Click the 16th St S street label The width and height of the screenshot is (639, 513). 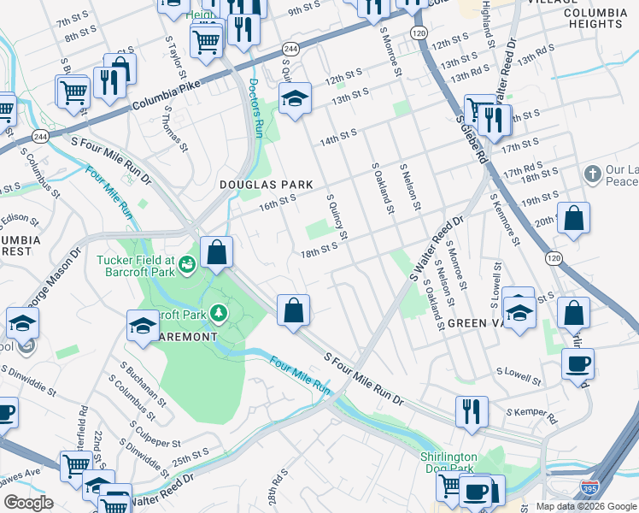click(x=277, y=202)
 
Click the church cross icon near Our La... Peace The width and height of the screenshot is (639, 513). click(x=592, y=174)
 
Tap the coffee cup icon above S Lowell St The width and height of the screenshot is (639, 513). click(x=577, y=363)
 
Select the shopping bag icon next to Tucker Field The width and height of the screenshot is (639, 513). click(x=217, y=252)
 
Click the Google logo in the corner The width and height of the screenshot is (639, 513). click(x=28, y=502)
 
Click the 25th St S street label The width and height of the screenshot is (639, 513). click(x=189, y=455)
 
